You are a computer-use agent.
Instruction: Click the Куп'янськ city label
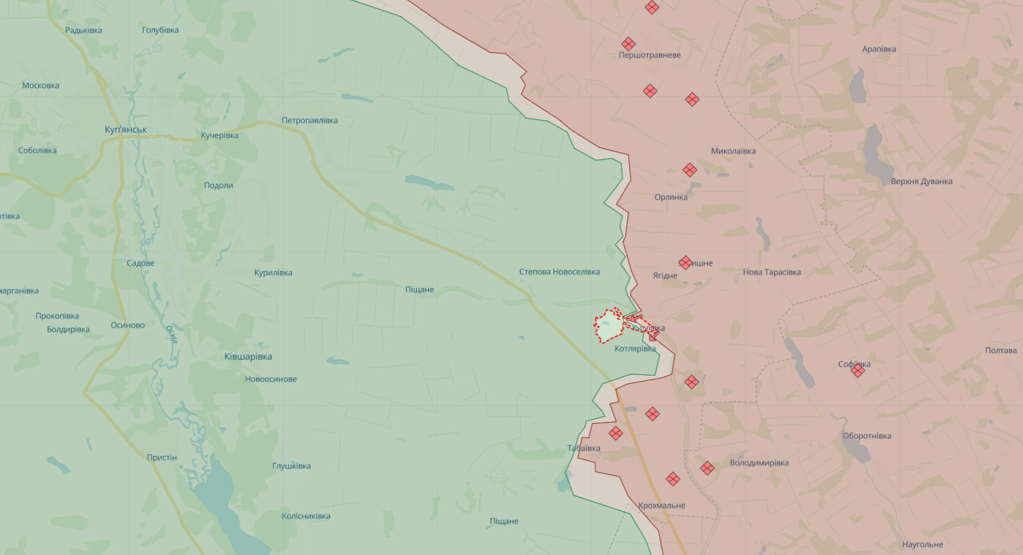[126, 130]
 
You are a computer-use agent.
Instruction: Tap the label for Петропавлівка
[309, 121]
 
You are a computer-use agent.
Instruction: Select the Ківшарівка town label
[248, 357]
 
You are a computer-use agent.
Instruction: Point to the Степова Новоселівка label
[559, 272]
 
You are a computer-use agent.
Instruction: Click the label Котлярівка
[635, 349]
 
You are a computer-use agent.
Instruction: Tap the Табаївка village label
[583, 449]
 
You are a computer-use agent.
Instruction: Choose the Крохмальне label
[662, 505]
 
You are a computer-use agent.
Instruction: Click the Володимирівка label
[759, 463]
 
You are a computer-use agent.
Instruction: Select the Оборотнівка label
[866, 436]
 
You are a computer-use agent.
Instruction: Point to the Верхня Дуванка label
[921, 181]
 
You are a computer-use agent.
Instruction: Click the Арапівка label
[878, 49]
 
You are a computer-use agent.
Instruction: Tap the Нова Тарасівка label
[771, 272]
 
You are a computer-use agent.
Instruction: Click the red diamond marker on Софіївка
[858, 370]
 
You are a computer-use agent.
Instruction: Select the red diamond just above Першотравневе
[628, 44]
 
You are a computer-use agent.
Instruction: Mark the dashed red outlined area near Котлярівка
[609, 327]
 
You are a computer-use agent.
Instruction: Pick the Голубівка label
[160, 30]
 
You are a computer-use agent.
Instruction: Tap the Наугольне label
[922, 545]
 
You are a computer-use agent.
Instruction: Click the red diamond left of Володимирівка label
[707, 468]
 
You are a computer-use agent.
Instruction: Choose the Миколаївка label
[733, 151]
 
